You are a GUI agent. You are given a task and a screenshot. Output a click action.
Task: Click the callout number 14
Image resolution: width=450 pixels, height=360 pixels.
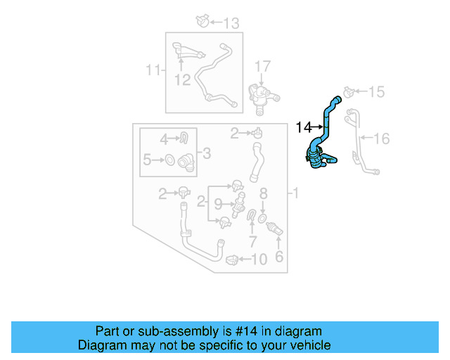[x=303, y=127]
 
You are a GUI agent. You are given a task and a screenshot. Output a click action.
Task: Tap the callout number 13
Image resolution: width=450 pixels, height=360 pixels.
[x=231, y=23]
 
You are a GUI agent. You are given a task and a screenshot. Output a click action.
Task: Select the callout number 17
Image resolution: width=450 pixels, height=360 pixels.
[x=262, y=67]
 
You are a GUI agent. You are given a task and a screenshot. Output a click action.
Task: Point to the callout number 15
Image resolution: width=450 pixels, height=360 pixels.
[x=377, y=92]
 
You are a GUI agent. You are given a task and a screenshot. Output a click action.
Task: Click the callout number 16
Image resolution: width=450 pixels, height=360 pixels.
[x=381, y=139]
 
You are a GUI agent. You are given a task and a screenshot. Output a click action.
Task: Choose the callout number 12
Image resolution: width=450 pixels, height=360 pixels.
[x=183, y=80]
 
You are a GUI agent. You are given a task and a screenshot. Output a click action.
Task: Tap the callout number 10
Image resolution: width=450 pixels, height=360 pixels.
[x=259, y=259]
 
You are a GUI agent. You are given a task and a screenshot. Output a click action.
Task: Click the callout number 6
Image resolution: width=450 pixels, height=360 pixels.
[x=278, y=257]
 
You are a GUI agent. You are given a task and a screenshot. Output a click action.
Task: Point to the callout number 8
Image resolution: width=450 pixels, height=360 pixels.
[x=263, y=193]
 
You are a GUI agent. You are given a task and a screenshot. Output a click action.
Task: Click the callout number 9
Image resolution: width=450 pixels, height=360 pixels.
[x=218, y=204]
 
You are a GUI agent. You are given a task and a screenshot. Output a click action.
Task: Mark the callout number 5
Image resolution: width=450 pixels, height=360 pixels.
[x=147, y=160]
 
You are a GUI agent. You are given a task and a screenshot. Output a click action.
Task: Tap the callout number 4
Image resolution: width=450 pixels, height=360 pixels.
[x=163, y=139]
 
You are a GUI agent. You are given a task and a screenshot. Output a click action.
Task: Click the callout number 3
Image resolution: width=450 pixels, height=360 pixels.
[x=206, y=152]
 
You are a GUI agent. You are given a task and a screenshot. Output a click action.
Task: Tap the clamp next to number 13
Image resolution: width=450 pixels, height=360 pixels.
[x=202, y=22]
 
